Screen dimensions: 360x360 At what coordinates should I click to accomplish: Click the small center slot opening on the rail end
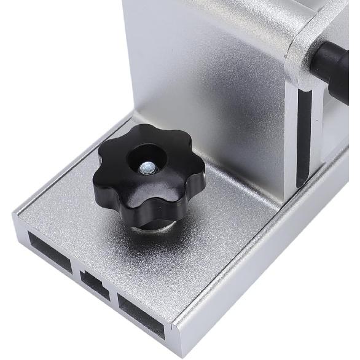[95, 285]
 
